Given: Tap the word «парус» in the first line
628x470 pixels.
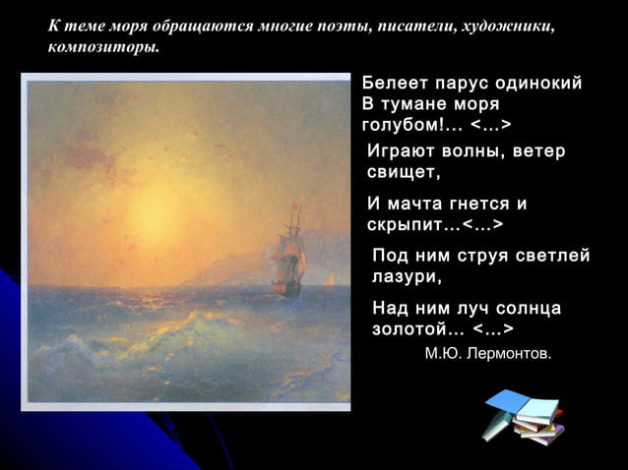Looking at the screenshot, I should (463, 84).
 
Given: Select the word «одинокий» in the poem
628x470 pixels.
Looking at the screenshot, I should (541, 84).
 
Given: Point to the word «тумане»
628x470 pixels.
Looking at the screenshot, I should (418, 104).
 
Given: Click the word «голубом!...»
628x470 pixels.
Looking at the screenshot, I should (412, 126).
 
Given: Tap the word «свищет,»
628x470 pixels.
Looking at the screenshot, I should (404, 173).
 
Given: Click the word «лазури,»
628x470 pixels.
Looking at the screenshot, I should (408, 278).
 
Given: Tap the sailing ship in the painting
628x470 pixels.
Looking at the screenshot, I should (289, 259).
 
